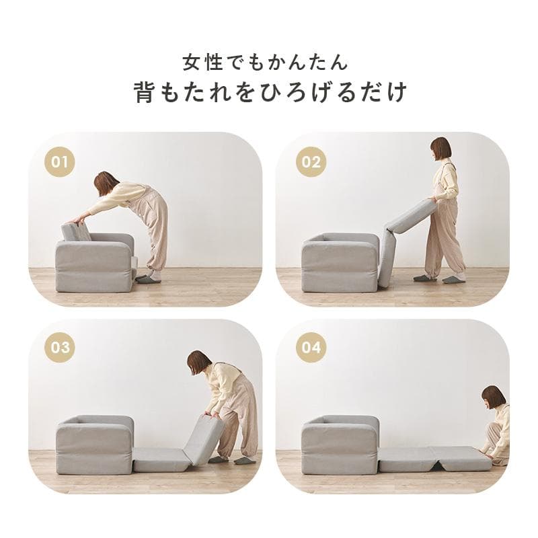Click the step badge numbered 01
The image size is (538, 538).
(61, 162)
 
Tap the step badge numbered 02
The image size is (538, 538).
(311, 162)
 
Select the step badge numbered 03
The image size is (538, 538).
(61, 348)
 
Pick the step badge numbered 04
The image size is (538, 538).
(311, 348)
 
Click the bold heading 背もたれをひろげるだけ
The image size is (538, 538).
(270, 92)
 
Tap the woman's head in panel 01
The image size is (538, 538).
(106, 183)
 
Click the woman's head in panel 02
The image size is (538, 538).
(440, 149)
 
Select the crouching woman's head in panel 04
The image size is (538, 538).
(494, 397)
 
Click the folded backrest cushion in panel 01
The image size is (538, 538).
(77, 231)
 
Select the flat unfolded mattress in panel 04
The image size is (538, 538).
(434, 459)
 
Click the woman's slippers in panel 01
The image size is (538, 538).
(148, 278)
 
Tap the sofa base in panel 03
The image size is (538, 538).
(94, 447)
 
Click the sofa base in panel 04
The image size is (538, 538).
(340, 447)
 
